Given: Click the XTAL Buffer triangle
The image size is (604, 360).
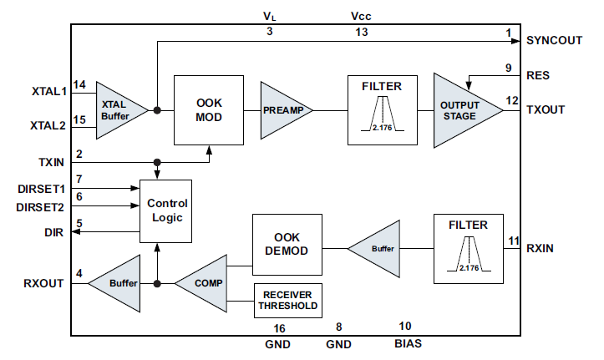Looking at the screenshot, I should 117,109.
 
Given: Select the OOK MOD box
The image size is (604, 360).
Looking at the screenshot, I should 208,109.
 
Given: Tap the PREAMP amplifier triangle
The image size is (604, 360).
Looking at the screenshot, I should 282,109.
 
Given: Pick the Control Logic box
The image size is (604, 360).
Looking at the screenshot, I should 167,210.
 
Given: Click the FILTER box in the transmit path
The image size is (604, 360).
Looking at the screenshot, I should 382,109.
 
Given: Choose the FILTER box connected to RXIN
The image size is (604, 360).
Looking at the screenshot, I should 468,248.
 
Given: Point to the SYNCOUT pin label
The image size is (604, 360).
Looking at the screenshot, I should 554,39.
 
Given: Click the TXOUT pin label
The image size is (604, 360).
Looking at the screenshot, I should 547,109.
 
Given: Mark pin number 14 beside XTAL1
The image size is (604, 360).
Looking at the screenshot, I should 79,84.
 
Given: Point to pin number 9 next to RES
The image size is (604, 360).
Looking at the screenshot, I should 508,68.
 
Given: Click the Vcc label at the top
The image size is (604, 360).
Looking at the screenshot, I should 362,15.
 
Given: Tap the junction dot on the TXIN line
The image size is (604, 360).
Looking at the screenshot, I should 157,162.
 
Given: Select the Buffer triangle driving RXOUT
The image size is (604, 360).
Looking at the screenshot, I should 117,284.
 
